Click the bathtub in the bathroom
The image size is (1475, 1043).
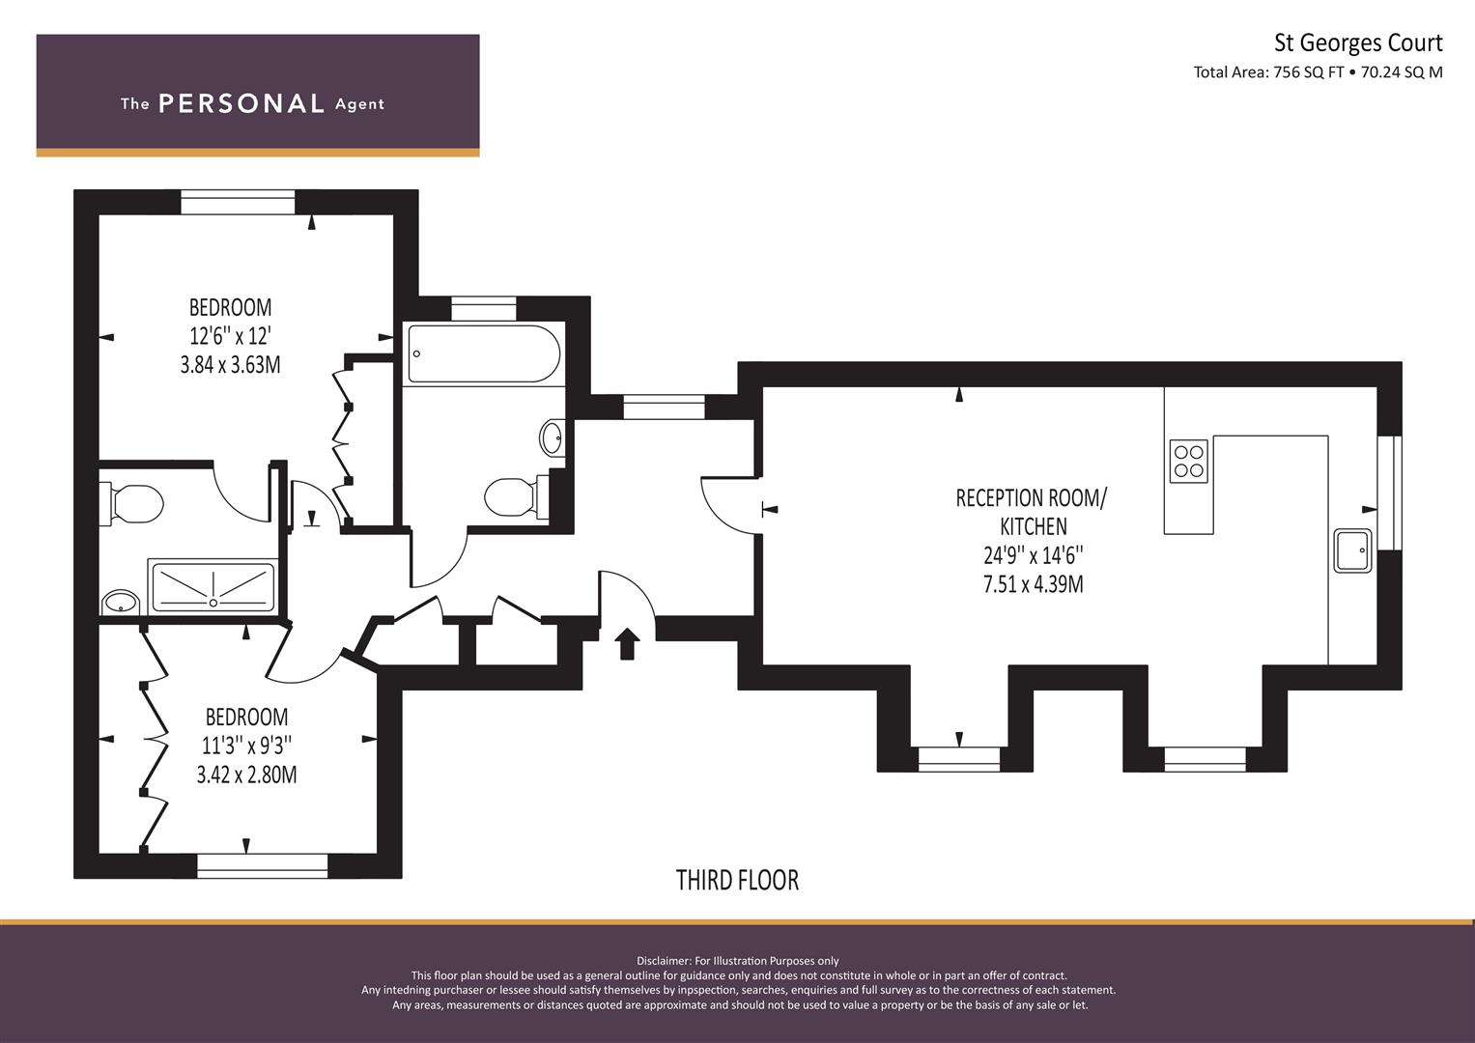pos(484,353)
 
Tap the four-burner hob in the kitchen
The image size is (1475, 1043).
pos(1188,461)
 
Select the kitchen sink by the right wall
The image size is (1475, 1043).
pos(1352,550)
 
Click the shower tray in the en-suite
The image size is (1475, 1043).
pos(213,585)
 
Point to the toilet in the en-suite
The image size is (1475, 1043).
pos(131,504)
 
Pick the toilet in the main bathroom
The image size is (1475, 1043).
pos(517,496)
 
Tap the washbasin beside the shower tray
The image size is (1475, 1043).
pos(121,602)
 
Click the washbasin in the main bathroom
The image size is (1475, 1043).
pos(553,437)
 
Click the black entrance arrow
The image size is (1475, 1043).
pos(626,643)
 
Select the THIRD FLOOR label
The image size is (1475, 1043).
pos(737,881)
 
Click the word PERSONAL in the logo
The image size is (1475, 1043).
pos(241,103)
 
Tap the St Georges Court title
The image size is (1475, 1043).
pos(1358,43)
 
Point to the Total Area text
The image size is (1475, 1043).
pos(1318,72)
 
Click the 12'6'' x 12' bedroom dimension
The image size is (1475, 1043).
pos(231,336)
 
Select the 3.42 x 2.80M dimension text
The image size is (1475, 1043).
pos(246,775)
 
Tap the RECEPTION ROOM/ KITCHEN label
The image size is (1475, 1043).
pos(1032,512)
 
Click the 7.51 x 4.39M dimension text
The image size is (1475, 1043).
pos(1033,584)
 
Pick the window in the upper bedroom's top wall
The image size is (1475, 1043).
pos(238,202)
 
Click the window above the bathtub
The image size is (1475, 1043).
pos(484,309)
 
